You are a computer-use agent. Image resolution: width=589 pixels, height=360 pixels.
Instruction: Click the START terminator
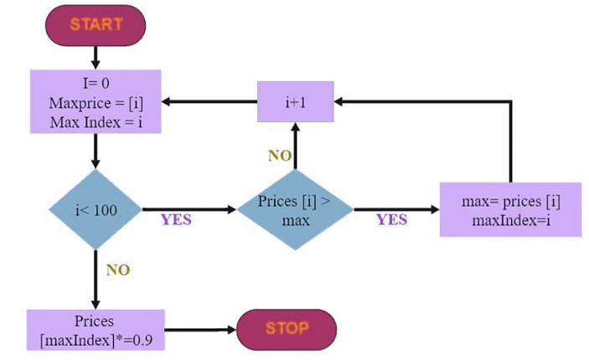tap(96, 24)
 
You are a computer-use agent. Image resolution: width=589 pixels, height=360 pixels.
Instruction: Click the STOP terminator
tap(287, 329)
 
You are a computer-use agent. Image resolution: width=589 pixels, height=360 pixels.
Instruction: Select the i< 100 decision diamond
tap(96, 209)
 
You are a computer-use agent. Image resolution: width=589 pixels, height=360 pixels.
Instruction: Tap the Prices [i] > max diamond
tap(295, 210)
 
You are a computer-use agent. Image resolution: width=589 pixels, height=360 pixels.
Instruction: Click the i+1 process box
tap(295, 101)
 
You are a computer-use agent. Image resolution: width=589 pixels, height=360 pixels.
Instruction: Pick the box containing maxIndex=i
tap(510, 209)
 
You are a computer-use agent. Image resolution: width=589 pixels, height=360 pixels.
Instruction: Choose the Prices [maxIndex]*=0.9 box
tap(93, 330)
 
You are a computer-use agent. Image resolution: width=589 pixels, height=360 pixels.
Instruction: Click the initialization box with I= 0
tap(95, 100)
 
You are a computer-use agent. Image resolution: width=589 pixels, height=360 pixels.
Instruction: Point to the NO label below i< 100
tap(117, 270)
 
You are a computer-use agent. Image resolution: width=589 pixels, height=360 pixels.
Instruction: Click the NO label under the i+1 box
tap(280, 155)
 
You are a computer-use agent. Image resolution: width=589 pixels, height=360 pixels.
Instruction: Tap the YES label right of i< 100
tap(176, 220)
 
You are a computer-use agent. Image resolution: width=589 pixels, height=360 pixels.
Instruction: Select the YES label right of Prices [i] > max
tap(391, 220)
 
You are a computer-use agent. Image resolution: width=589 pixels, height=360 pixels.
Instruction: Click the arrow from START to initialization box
tap(96, 56)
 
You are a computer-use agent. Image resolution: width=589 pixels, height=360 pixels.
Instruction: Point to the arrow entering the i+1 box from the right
tap(419, 101)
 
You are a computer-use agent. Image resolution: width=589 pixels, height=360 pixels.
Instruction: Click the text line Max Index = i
tap(95, 118)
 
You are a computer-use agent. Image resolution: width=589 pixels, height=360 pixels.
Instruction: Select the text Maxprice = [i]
tap(95, 101)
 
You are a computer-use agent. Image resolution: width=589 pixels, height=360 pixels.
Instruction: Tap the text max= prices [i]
tap(510, 202)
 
